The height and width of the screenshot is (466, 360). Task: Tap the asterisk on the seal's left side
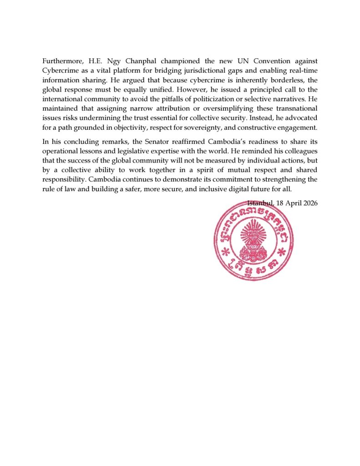[x=224, y=251]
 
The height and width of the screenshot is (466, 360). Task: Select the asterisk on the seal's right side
[x=282, y=251]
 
